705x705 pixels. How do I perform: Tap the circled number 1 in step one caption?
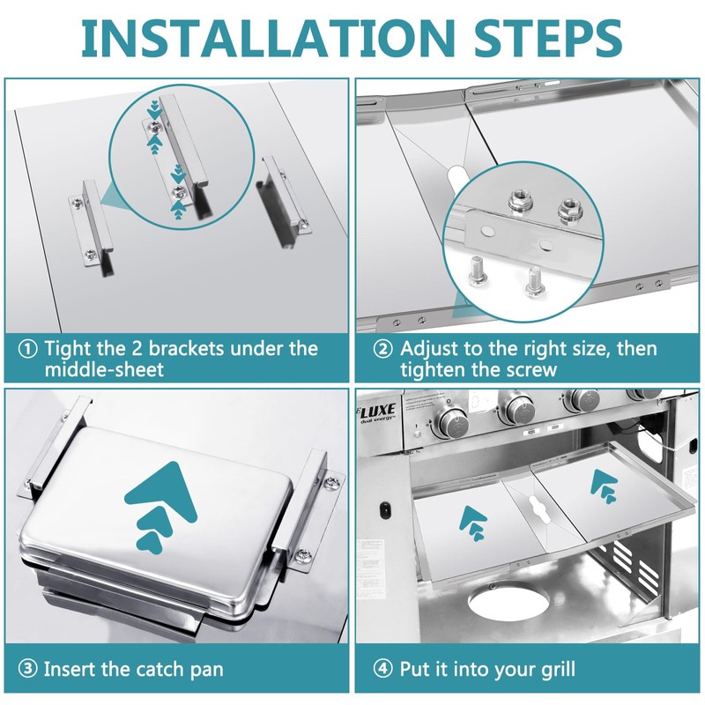click(28, 349)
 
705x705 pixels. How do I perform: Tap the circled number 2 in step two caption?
click(383, 349)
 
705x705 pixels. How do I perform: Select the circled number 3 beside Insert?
click(28, 669)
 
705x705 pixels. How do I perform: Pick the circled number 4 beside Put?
click(383, 669)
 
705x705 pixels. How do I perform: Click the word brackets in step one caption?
click(186, 349)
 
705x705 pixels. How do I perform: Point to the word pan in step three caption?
click(206, 671)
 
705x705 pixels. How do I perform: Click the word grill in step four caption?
click(558, 670)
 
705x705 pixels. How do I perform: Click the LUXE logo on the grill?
click(377, 412)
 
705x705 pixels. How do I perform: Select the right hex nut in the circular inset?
click(569, 208)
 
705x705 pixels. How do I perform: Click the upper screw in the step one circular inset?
click(155, 129)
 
